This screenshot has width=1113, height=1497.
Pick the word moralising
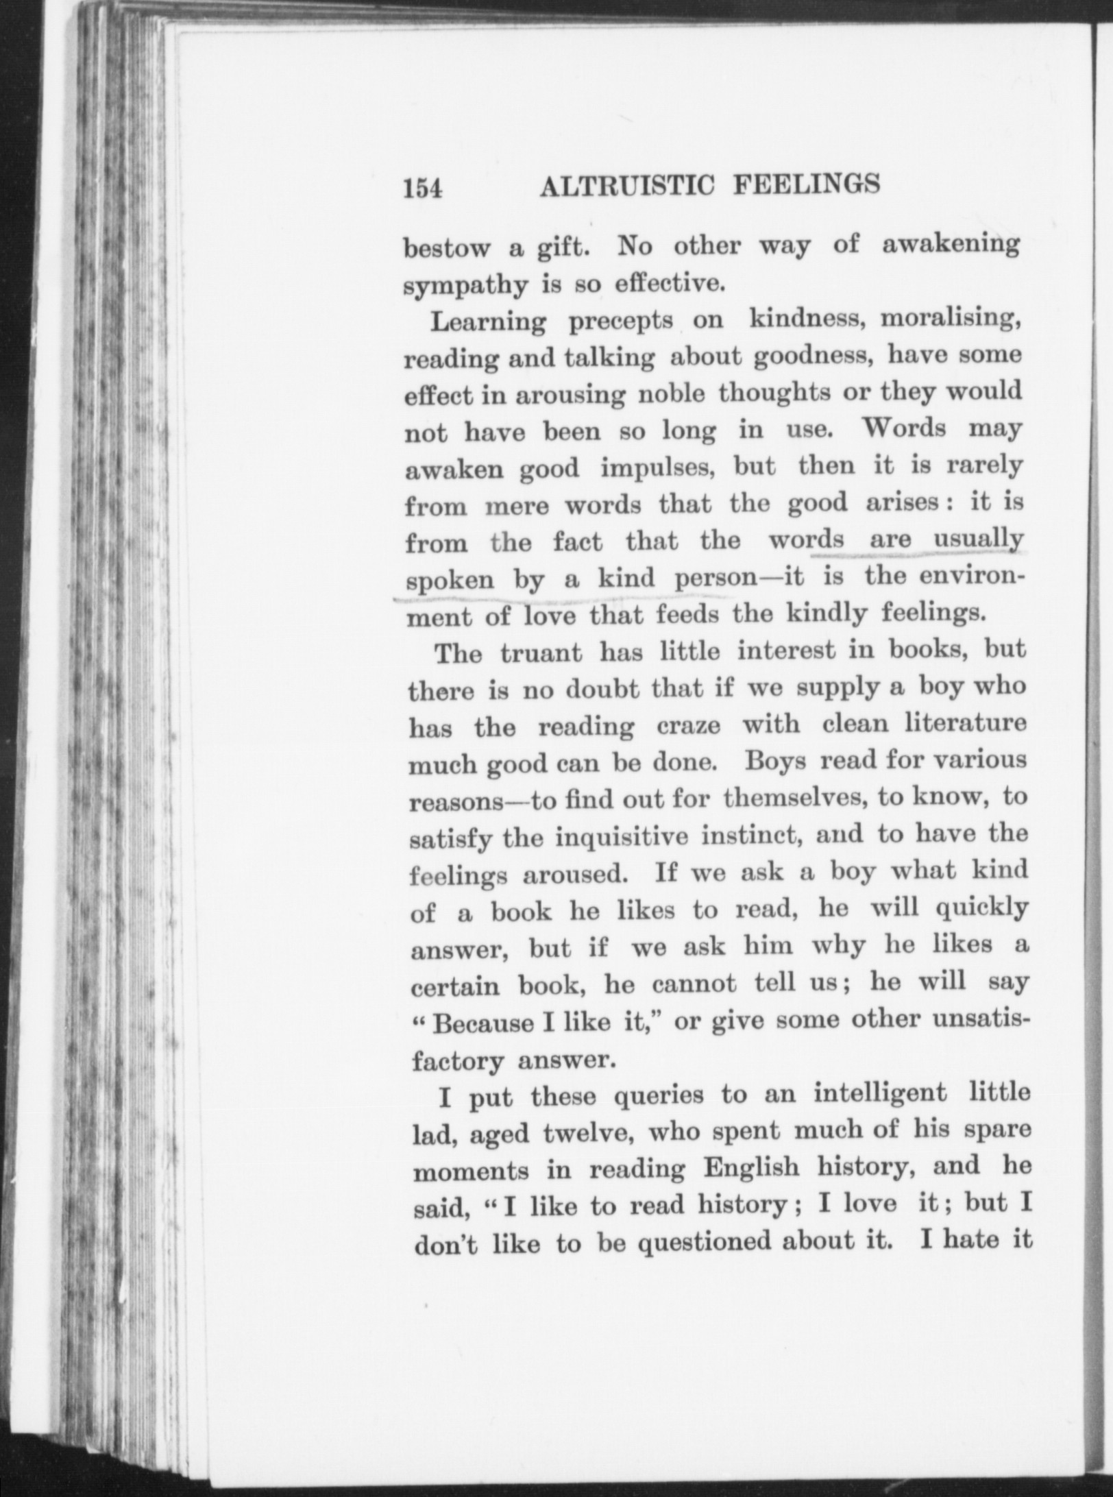point(951,319)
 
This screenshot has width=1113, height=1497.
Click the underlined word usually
point(978,540)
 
